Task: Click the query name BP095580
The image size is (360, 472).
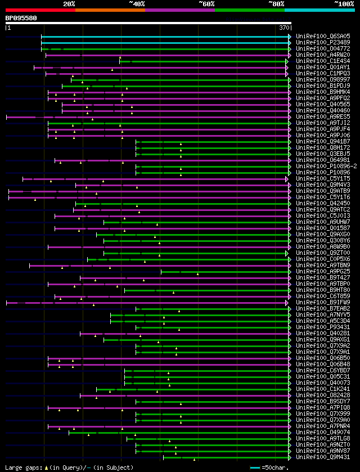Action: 21,17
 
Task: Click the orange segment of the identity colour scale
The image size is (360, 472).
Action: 110,10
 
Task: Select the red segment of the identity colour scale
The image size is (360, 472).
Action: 40,10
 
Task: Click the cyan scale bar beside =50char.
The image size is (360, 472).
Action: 255,467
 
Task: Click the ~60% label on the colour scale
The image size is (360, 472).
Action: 206,3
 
